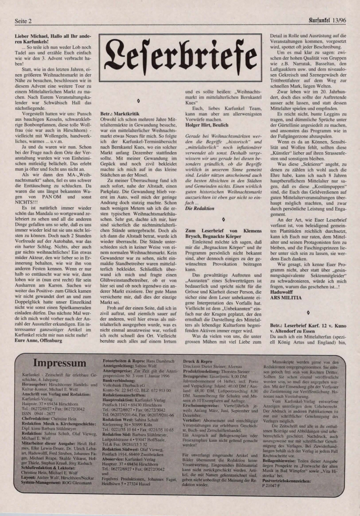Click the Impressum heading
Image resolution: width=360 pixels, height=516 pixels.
pos(59,364)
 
